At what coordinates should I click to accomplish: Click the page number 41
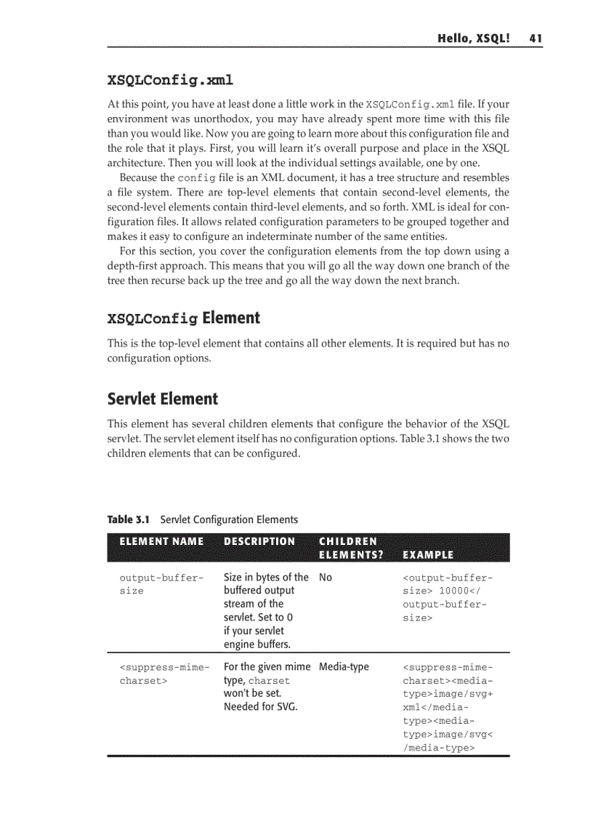pos(536,39)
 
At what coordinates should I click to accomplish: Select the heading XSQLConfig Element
pos(183,318)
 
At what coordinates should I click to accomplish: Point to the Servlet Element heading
pos(162,399)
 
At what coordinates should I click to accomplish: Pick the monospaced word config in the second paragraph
pos(195,178)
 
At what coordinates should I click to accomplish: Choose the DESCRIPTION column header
pos(259,541)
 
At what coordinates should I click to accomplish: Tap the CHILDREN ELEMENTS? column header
pos(348,548)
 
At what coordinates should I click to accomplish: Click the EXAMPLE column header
pos(428,555)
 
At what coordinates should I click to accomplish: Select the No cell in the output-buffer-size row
pos(326,578)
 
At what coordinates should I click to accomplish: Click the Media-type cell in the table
pos(344,666)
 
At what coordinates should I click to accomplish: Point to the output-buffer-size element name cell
pos(161,584)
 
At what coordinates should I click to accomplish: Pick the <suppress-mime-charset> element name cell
pos(164,674)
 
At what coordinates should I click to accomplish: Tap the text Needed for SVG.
pos(260,706)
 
